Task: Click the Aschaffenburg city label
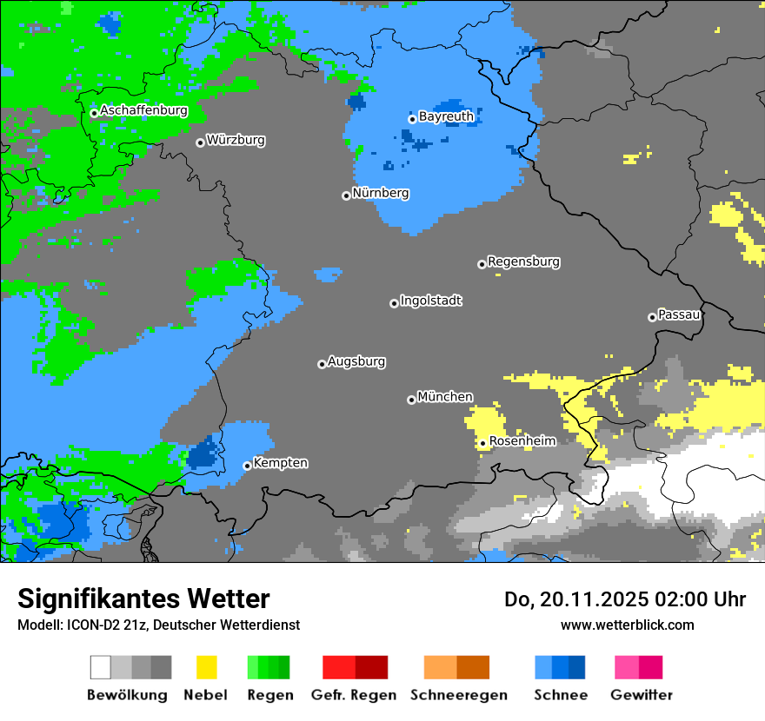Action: (143, 110)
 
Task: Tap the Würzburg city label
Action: (236, 140)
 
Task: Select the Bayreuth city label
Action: (446, 116)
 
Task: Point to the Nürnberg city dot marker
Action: (346, 195)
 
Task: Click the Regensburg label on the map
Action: (523, 261)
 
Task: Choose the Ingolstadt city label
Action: (430, 301)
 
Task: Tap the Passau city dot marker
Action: (652, 317)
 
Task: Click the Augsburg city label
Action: (356, 361)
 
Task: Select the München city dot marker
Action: (411, 400)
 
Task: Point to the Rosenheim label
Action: (522, 441)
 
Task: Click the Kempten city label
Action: (280, 463)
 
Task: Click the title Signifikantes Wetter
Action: (143, 599)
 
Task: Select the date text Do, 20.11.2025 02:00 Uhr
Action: (625, 599)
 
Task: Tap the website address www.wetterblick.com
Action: (627, 625)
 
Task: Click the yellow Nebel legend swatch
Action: (206, 667)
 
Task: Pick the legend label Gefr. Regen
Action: (354, 695)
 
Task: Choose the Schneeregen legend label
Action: (458, 695)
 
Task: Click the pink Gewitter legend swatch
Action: (627, 667)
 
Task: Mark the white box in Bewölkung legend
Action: (101, 667)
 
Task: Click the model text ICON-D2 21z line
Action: (158, 625)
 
